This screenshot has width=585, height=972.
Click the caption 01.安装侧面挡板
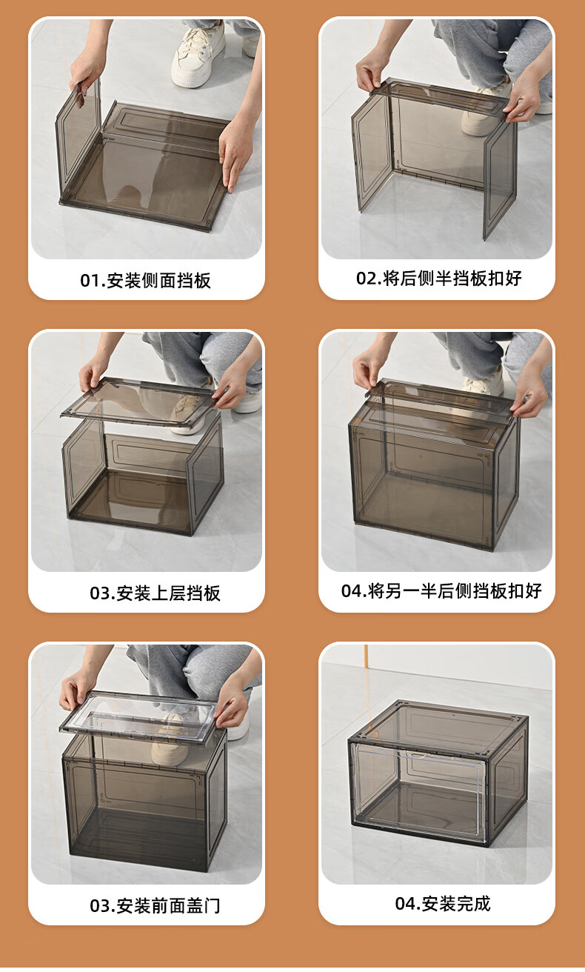pyautogui.click(x=145, y=281)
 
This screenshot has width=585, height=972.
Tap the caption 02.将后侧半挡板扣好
pyautogui.click(x=439, y=278)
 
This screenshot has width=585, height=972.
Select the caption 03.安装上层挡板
pyautogui.click(x=155, y=593)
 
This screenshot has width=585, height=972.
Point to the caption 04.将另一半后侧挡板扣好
pyautogui.click(x=441, y=590)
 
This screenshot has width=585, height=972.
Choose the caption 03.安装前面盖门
pyautogui.click(x=155, y=905)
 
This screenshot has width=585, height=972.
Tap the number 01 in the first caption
pyautogui.click(x=90, y=281)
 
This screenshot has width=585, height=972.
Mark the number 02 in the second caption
pyautogui.click(x=367, y=278)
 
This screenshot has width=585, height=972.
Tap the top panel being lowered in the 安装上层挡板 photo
pyautogui.click(x=138, y=402)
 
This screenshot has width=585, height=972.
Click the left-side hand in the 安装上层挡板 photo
pyautogui.click(x=93, y=376)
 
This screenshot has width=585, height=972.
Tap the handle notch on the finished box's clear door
pyautogui.click(x=417, y=756)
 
